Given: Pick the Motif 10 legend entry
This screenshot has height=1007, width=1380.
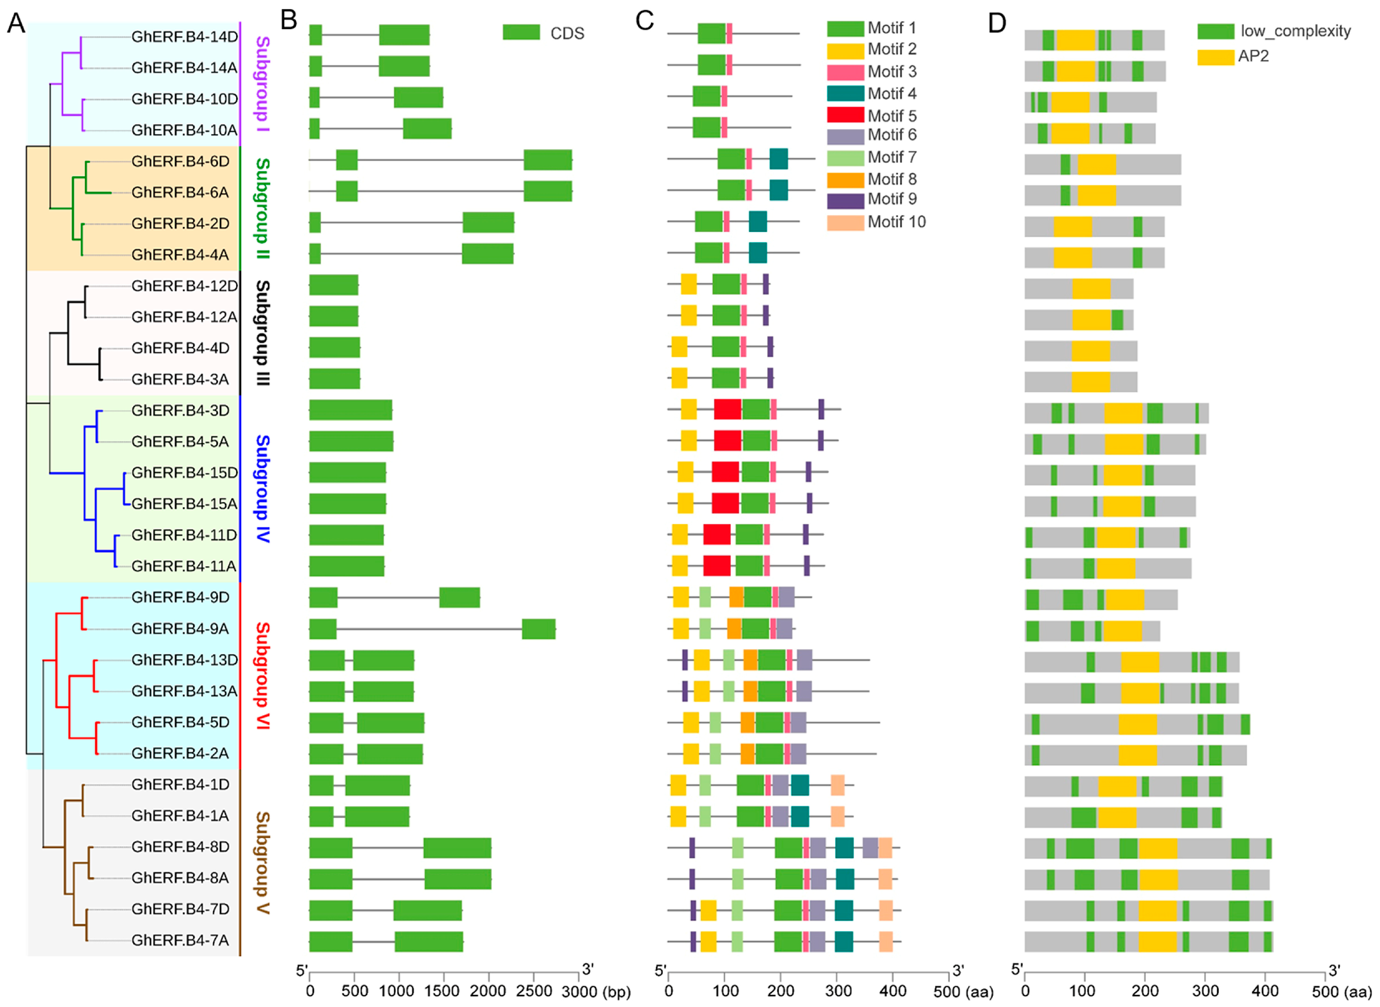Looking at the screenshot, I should point(876,222).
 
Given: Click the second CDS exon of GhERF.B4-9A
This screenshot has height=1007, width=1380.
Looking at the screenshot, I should point(538,629).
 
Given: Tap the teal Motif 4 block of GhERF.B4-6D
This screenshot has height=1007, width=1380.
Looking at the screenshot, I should point(779,159).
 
